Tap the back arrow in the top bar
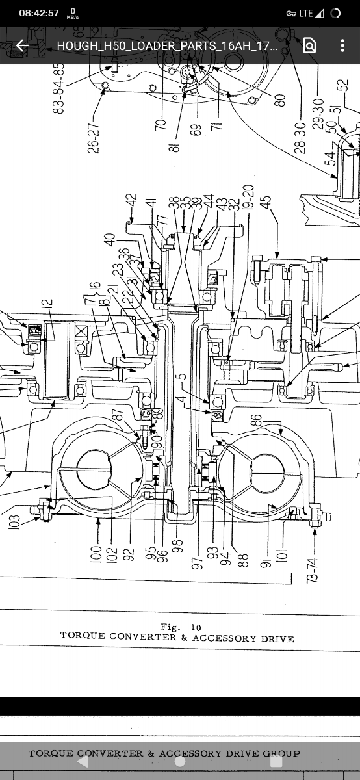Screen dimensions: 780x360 point(22,45)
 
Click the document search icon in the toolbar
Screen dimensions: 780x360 point(309,45)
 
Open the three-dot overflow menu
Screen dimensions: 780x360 point(342,45)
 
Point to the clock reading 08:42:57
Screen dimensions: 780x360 point(38,13)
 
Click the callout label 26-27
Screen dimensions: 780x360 point(94,135)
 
